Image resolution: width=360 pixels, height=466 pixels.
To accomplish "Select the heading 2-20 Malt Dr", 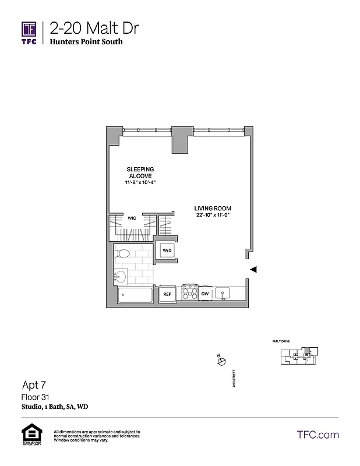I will point(94,27).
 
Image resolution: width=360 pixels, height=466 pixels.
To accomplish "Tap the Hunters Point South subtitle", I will point(86,42).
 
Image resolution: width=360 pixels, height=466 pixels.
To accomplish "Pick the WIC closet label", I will point(132,218).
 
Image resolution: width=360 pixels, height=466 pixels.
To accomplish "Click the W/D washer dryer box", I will point(167,250).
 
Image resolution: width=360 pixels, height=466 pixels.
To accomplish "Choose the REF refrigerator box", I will point(167,295).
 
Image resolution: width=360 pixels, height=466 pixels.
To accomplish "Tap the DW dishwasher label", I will point(205,294).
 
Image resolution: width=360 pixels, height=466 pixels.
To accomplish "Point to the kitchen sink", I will point(223,293).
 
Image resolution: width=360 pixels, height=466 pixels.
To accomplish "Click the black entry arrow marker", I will point(253,269).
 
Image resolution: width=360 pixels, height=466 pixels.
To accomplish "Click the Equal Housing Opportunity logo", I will point(29,436).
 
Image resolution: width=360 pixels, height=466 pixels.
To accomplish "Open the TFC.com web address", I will point(318,435).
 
